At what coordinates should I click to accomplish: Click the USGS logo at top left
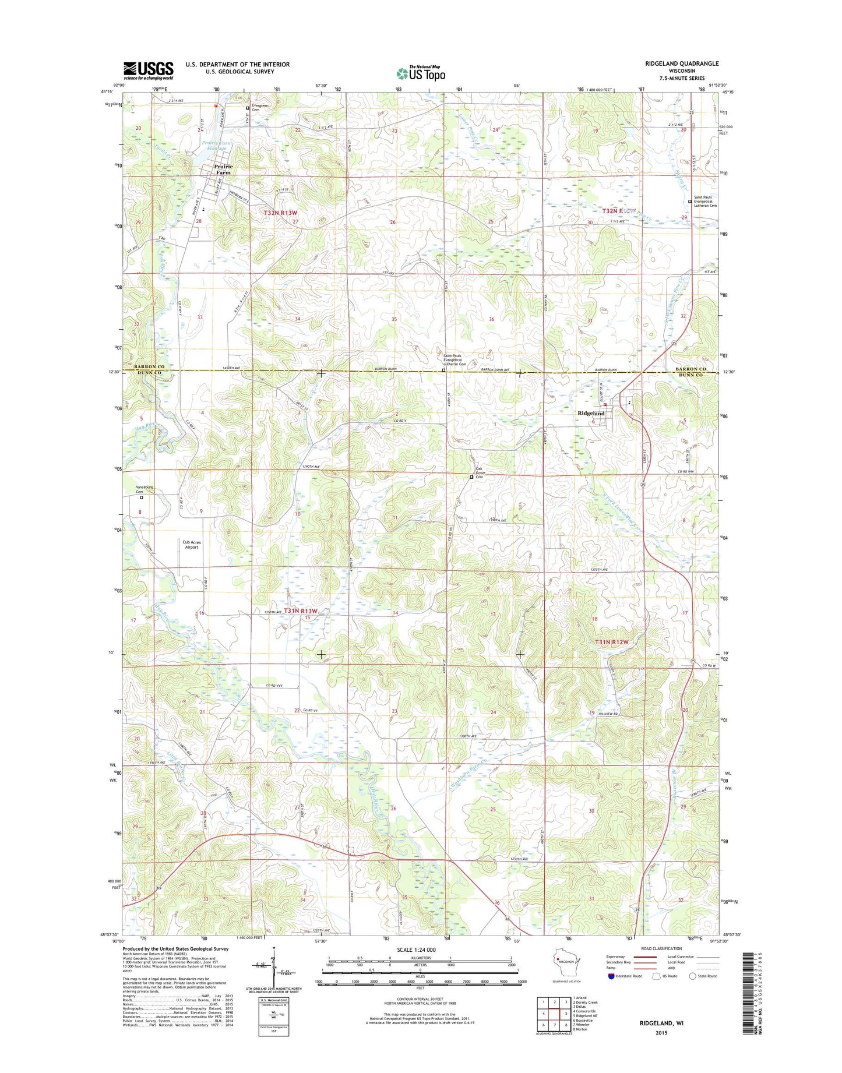click(x=148, y=70)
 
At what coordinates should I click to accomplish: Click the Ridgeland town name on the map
click(x=591, y=413)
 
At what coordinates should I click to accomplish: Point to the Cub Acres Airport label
click(x=191, y=544)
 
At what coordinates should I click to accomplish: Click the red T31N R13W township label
click(x=301, y=611)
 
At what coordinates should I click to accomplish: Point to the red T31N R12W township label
click(x=612, y=642)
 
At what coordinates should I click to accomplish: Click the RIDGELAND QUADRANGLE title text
click(x=674, y=63)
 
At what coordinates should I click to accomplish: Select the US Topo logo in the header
click(x=421, y=73)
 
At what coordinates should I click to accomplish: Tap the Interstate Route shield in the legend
click(x=611, y=976)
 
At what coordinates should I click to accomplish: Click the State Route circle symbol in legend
click(x=692, y=976)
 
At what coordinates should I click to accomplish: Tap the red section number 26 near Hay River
click(x=394, y=809)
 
